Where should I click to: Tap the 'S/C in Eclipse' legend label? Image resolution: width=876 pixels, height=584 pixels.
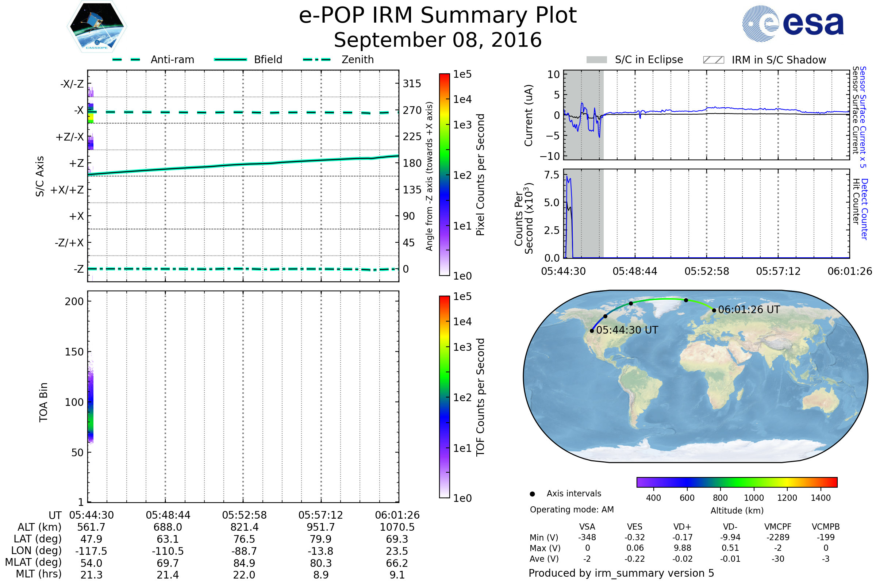point(649,59)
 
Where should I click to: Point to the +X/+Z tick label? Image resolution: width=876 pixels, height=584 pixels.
point(67,190)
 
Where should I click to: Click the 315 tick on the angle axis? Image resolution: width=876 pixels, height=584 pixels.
point(412,84)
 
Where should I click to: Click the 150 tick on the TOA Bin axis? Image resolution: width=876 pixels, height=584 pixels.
point(74,352)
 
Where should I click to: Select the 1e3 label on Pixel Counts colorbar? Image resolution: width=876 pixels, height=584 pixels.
point(462,125)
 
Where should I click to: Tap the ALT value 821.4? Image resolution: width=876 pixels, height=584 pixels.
point(244,527)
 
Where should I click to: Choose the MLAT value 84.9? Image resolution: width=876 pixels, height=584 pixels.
point(244,563)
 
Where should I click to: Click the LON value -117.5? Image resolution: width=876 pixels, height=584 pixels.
point(91,551)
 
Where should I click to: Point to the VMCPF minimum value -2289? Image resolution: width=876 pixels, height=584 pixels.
point(778,537)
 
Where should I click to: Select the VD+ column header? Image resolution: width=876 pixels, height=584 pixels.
point(682,527)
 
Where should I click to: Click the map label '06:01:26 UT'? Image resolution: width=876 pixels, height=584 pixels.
point(749,310)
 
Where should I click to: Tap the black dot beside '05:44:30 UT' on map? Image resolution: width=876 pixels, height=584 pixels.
point(592,331)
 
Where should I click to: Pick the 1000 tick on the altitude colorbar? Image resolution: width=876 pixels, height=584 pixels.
point(753,498)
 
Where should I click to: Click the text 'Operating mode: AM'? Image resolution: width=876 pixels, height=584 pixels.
point(572,510)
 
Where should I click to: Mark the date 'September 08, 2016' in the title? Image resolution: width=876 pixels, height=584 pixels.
point(438,40)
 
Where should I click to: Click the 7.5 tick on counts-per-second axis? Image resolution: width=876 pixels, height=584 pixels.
point(552,175)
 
